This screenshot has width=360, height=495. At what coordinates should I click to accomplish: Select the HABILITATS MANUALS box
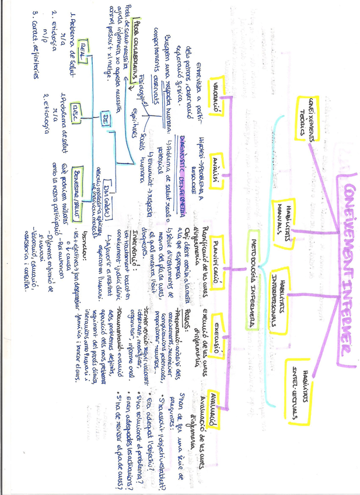pos(284,214)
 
